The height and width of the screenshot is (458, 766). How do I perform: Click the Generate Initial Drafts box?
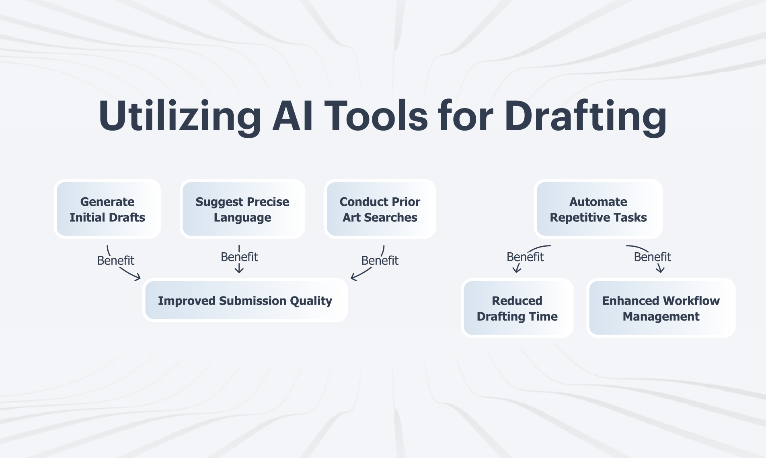[x=107, y=209]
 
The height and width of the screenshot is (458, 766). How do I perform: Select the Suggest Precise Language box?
[x=242, y=209]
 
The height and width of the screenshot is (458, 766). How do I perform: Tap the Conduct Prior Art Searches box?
[x=380, y=209]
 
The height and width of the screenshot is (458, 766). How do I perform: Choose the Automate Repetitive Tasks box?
[x=598, y=209]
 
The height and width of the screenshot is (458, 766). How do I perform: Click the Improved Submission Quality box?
[x=245, y=301]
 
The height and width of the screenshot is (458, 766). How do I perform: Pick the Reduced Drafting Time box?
[x=517, y=308]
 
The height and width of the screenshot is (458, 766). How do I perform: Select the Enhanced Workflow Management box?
[x=661, y=308]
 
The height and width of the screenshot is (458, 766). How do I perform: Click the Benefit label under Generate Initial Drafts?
[x=116, y=260]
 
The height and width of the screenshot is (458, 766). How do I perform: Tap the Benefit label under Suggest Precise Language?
[x=239, y=257]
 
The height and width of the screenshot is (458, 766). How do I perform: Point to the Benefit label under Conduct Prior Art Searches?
[x=380, y=260]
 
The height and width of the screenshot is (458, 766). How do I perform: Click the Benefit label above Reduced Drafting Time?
[x=525, y=257]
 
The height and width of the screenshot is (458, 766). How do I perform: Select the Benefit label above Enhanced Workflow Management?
[x=653, y=257]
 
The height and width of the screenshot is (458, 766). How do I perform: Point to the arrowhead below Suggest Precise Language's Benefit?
[x=239, y=269]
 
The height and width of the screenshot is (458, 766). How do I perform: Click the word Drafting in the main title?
[x=585, y=117]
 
